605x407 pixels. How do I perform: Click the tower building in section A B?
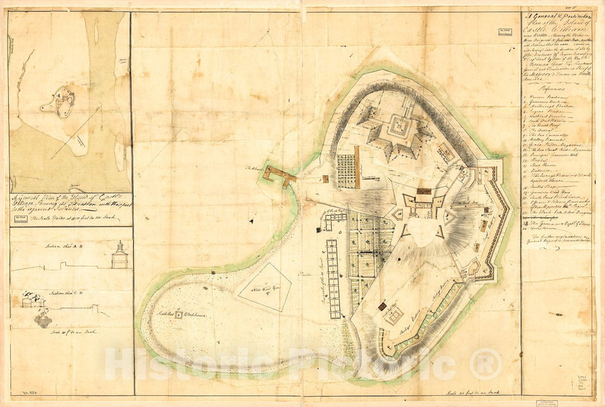[x=119, y=256]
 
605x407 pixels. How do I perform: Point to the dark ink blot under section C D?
[x=43, y=321]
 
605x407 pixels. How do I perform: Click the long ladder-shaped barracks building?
[x=333, y=279]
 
